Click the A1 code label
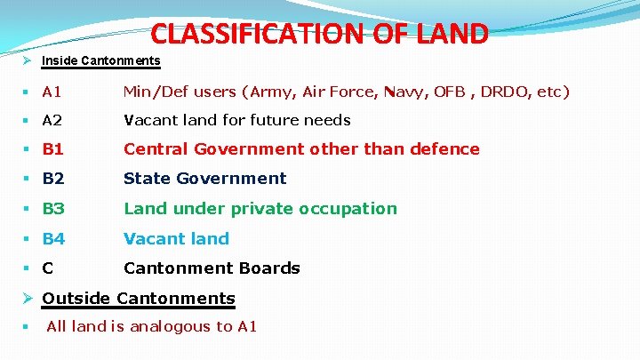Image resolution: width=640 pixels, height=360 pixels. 52,92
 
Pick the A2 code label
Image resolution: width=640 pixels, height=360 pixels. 52,120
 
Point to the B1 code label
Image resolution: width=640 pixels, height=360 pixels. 53,149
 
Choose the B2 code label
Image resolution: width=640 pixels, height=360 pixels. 53,179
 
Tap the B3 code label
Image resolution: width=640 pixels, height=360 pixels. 53,209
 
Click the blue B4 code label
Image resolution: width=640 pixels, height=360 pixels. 53,238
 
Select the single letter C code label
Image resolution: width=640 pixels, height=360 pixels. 48,268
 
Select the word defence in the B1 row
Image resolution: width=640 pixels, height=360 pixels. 445,149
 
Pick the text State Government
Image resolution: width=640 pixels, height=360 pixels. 204,179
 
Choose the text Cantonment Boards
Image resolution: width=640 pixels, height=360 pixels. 212,268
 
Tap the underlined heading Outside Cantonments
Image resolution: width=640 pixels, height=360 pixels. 139,299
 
